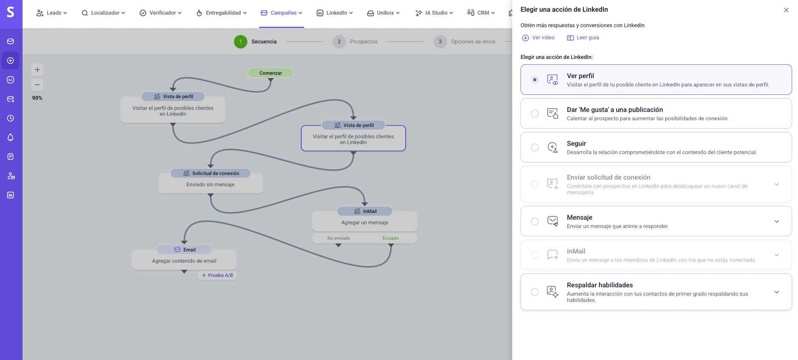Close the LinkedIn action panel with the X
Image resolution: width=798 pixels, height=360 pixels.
(786, 10)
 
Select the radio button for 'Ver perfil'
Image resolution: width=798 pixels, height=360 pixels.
(535, 80)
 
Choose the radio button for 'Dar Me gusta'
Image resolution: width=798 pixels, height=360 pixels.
(535, 114)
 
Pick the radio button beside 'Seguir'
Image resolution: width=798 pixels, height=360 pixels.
(535, 147)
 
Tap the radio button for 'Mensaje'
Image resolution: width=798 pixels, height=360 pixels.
(535, 221)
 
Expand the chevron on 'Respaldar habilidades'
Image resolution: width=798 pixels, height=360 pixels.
(776, 292)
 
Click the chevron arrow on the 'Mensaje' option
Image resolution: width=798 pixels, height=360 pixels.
(776, 221)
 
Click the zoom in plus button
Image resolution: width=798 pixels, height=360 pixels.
(37, 70)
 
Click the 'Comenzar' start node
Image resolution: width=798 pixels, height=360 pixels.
(271, 73)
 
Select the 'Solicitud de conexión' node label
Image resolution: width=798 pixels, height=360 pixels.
(211, 173)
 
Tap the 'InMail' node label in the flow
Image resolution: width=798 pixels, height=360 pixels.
(365, 211)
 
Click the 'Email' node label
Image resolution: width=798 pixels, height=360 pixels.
(185, 250)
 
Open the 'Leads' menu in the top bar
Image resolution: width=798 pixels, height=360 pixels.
(52, 13)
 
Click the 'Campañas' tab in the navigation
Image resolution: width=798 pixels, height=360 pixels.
(282, 13)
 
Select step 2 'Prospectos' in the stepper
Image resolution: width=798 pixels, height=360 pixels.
(356, 42)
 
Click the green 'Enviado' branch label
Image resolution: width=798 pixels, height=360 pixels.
(391, 238)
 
